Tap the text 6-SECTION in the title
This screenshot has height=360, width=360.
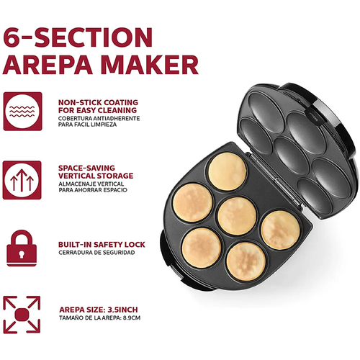point(78,37)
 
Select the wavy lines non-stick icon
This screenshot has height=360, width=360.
point(22,112)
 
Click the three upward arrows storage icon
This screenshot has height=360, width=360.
point(22,180)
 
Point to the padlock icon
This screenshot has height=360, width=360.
point(22,248)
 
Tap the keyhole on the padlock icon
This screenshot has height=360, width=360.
point(22,254)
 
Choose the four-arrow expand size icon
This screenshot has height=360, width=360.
point(22,315)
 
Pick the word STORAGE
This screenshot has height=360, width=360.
point(114,176)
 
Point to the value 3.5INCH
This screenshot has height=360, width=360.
point(122,310)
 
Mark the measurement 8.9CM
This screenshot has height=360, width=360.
point(132,318)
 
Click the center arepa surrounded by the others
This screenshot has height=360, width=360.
point(237,216)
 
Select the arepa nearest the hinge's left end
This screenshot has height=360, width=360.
point(228,171)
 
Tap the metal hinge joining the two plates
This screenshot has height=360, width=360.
point(274,179)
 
